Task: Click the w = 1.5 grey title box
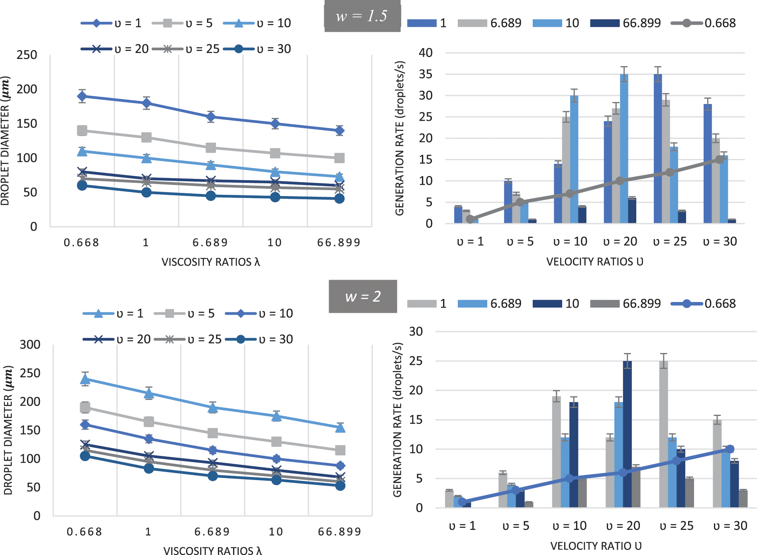pos(362,16)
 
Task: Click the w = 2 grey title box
pos(363,296)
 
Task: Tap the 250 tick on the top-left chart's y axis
pos(27,55)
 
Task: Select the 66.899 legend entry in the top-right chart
pos(626,23)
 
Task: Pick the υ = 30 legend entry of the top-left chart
pos(257,49)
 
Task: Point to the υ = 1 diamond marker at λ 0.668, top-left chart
pos(82,96)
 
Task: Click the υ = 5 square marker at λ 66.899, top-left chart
pos(339,158)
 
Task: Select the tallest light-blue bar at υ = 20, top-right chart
pos(624,147)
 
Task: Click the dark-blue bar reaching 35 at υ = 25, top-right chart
pos(658,147)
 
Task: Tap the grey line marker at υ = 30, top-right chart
pos(720,159)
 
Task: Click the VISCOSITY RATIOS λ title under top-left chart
pos(210,262)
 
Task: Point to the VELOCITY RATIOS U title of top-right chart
pos(594,262)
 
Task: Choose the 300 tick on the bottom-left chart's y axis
pos(30,345)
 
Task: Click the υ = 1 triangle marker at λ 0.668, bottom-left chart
pos(85,379)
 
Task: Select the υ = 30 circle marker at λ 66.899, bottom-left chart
pos(340,485)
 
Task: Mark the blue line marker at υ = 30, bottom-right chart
pos(730,449)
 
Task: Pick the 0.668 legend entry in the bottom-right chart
pos(703,304)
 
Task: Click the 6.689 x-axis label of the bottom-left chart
pos(212,532)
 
